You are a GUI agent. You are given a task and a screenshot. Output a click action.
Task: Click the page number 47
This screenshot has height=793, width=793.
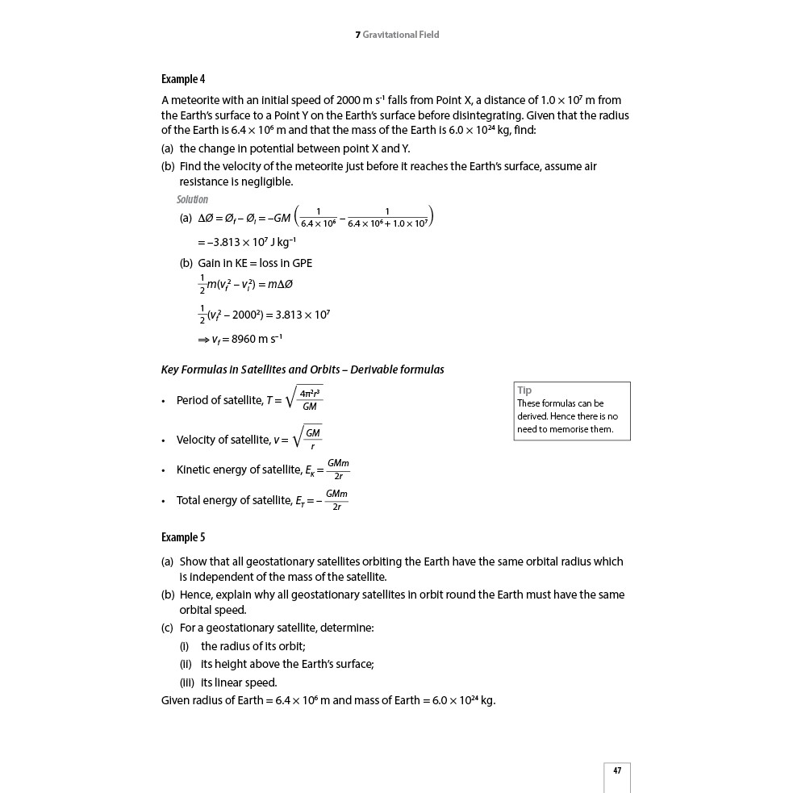pyautogui.click(x=617, y=771)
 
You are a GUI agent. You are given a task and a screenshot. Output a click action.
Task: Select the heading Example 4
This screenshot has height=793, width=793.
pyautogui.click(x=183, y=79)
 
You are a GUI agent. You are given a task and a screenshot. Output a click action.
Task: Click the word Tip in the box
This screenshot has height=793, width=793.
pyautogui.click(x=524, y=390)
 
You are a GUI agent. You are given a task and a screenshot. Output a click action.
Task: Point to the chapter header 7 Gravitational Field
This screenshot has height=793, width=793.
pyautogui.click(x=397, y=35)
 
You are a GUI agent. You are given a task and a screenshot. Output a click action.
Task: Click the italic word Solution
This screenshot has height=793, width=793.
pyautogui.click(x=192, y=199)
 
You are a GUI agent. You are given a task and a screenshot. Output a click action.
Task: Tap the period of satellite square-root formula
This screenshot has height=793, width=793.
pyautogui.click(x=305, y=399)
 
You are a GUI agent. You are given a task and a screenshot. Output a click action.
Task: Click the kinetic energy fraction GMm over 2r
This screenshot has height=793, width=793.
pyautogui.click(x=338, y=470)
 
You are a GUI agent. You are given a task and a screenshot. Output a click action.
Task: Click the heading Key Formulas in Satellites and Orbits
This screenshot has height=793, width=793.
pyautogui.click(x=303, y=369)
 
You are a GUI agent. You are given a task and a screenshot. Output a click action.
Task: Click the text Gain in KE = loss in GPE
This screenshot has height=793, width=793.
pyautogui.click(x=255, y=263)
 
